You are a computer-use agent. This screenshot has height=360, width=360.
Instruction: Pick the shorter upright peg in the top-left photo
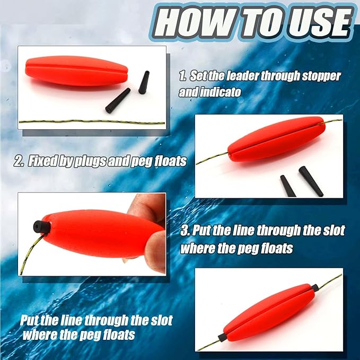143,82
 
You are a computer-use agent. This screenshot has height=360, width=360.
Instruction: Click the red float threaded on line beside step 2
276,139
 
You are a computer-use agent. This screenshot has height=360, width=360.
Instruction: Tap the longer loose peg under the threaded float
310,181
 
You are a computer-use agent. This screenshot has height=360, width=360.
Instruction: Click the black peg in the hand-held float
42,227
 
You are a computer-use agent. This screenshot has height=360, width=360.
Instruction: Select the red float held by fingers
101,233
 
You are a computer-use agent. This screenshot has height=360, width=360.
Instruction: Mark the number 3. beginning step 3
186,231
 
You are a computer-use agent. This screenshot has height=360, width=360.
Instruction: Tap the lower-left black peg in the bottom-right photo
223,337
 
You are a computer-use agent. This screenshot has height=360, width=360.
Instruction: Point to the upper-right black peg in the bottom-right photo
315,288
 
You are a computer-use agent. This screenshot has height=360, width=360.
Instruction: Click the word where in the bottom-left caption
42,335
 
